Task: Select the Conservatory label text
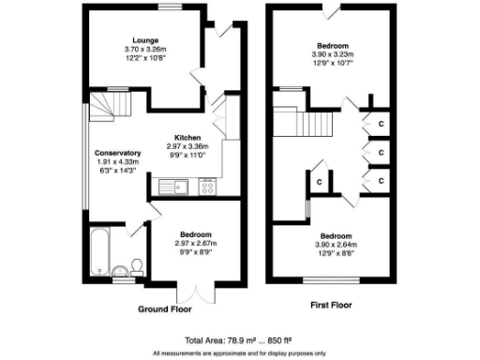(x=118, y=153)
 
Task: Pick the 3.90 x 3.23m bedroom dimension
(x=333, y=54)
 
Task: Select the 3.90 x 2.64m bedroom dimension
(x=333, y=245)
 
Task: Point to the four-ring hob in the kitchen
(x=207, y=187)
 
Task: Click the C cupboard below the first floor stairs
(x=320, y=181)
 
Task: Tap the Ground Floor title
(x=165, y=307)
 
